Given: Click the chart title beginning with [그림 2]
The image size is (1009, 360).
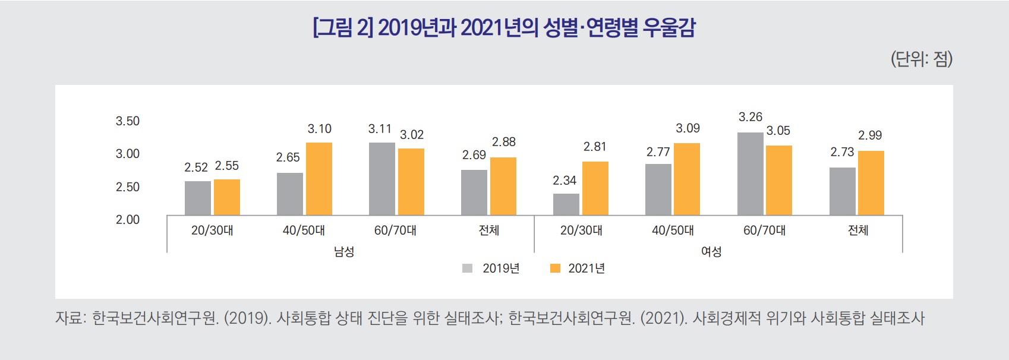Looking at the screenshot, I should click(504, 28).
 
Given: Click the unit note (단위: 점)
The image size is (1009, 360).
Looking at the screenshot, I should click(921, 59).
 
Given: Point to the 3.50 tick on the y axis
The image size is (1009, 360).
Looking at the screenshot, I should click(127, 121).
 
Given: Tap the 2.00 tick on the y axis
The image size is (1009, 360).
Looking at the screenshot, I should click(127, 220).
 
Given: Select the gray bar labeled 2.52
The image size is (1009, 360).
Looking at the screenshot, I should click(197, 198).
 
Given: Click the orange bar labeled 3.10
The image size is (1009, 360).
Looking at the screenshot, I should click(319, 179).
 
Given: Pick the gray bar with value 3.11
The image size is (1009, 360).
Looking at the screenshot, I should click(381, 179).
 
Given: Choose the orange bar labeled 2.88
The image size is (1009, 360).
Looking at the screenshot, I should click(503, 186).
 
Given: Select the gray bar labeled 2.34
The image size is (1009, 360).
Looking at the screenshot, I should click(566, 204).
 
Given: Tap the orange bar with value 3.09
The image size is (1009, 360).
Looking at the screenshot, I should click(687, 179).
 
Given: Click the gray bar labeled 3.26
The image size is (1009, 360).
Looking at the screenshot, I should click(750, 173).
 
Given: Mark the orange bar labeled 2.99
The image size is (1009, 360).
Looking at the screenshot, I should click(871, 183).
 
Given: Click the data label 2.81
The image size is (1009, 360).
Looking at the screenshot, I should click(595, 147).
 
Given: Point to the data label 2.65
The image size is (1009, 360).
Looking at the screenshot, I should click(288, 157).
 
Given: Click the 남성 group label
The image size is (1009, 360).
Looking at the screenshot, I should click(344, 252).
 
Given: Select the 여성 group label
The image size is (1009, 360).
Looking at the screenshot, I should click(711, 252).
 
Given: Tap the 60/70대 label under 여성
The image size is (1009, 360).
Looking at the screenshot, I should click(764, 230).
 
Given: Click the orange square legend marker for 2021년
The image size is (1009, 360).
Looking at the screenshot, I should click(556, 269).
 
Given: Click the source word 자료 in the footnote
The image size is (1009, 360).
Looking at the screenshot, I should click(68, 318).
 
